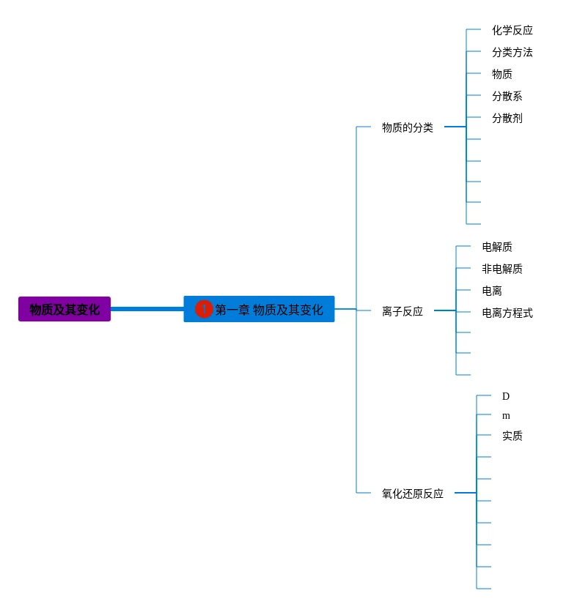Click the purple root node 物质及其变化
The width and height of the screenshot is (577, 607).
[65, 309]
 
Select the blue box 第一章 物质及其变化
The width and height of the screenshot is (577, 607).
[268, 309]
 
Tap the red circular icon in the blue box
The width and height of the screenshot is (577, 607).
[203, 309]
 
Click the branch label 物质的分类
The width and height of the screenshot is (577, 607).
[407, 127]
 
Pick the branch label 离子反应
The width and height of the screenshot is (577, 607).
[402, 311]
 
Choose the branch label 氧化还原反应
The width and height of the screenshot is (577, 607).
[412, 494]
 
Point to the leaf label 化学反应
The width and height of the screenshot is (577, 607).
[512, 30]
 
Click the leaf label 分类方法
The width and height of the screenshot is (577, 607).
[512, 52]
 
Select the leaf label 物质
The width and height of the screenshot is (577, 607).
[501, 74]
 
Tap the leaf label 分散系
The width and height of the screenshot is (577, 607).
[507, 96]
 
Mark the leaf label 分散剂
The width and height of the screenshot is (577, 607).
[507, 118]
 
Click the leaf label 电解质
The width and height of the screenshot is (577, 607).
[496, 247]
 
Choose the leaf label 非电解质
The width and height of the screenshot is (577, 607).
[501, 269]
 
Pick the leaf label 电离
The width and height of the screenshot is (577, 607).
[491, 291]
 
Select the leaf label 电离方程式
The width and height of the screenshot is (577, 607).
[507, 313]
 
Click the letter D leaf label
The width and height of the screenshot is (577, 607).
[505, 396]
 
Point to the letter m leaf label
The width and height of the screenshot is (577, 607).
[505, 416]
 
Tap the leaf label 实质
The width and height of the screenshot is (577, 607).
[512, 436]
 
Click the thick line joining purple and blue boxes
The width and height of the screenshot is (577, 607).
[147, 309]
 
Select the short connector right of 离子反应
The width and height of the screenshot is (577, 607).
[444, 310]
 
